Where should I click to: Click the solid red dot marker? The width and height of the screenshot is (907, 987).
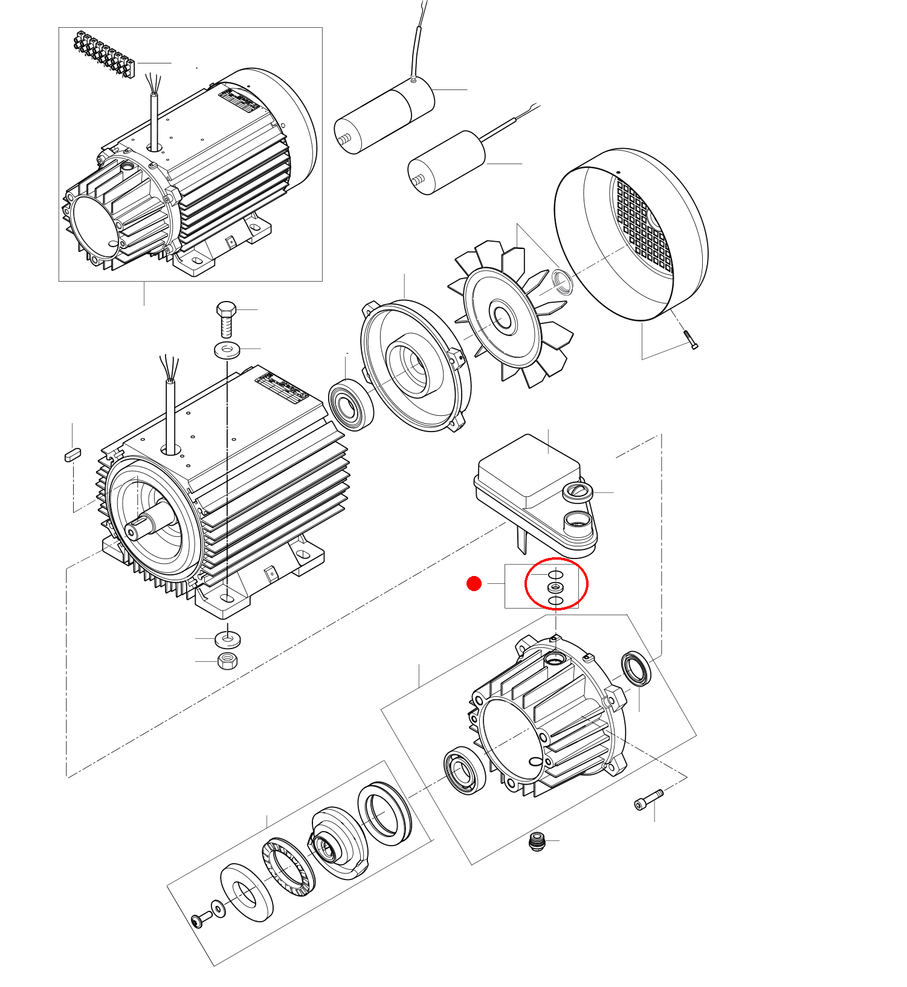tap(474, 584)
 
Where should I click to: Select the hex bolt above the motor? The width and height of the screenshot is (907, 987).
tap(225, 319)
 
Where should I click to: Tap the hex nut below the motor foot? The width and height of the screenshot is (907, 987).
tap(227, 660)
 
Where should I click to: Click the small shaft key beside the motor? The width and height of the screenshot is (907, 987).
tap(73, 455)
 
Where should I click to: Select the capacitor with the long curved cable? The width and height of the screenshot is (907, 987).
tap(385, 115)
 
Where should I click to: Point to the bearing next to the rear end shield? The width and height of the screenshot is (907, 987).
tap(350, 405)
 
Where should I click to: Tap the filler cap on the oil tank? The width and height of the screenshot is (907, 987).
tap(578, 491)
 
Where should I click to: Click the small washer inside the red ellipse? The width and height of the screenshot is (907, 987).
tap(555, 587)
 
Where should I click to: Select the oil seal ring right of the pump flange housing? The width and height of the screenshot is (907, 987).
tap(637, 668)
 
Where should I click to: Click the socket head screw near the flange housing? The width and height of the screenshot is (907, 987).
tap(648, 800)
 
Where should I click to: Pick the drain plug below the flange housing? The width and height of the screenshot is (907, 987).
tap(536, 841)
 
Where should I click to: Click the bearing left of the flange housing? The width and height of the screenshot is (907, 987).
tap(464, 770)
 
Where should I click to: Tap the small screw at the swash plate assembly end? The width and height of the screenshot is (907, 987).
tap(200, 920)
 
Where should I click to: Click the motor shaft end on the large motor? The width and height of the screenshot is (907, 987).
tap(131, 532)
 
